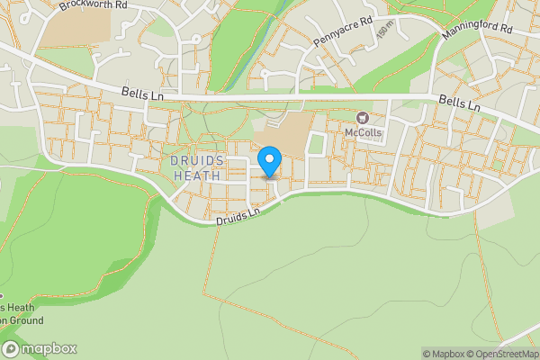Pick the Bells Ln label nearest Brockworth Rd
pos(140,93)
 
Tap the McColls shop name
pos(363,133)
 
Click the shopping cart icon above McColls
pos(363,118)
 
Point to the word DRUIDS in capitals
pos(195,160)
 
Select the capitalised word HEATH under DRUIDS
pos(195,175)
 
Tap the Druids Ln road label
pos(237,215)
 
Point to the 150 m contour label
pos(384,30)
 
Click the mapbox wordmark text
pos(49,349)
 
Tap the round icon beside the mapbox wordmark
pos(11,349)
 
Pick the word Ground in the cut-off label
pos(21,319)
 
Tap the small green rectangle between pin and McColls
pos(316,145)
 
